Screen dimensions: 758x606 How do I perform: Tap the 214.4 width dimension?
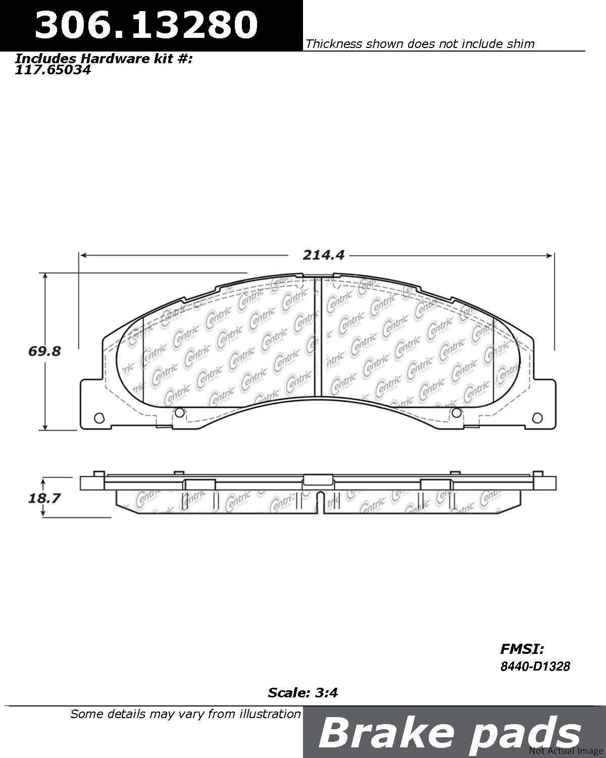click(323, 256)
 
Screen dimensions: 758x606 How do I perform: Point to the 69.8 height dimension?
click(44, 351)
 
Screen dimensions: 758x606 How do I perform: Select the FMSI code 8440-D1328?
click(535, 667)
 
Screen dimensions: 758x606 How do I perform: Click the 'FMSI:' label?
click(522, 649)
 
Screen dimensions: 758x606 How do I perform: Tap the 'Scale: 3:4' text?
click(302, 692)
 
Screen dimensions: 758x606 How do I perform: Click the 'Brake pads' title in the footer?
click(449, 733)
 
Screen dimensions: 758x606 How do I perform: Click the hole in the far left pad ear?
click(99, 417)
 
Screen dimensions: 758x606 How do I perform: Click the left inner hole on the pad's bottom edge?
click(179, 413)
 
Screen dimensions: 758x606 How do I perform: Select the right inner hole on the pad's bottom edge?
click(456, 413)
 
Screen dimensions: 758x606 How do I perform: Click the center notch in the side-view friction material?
click(319, 503)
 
